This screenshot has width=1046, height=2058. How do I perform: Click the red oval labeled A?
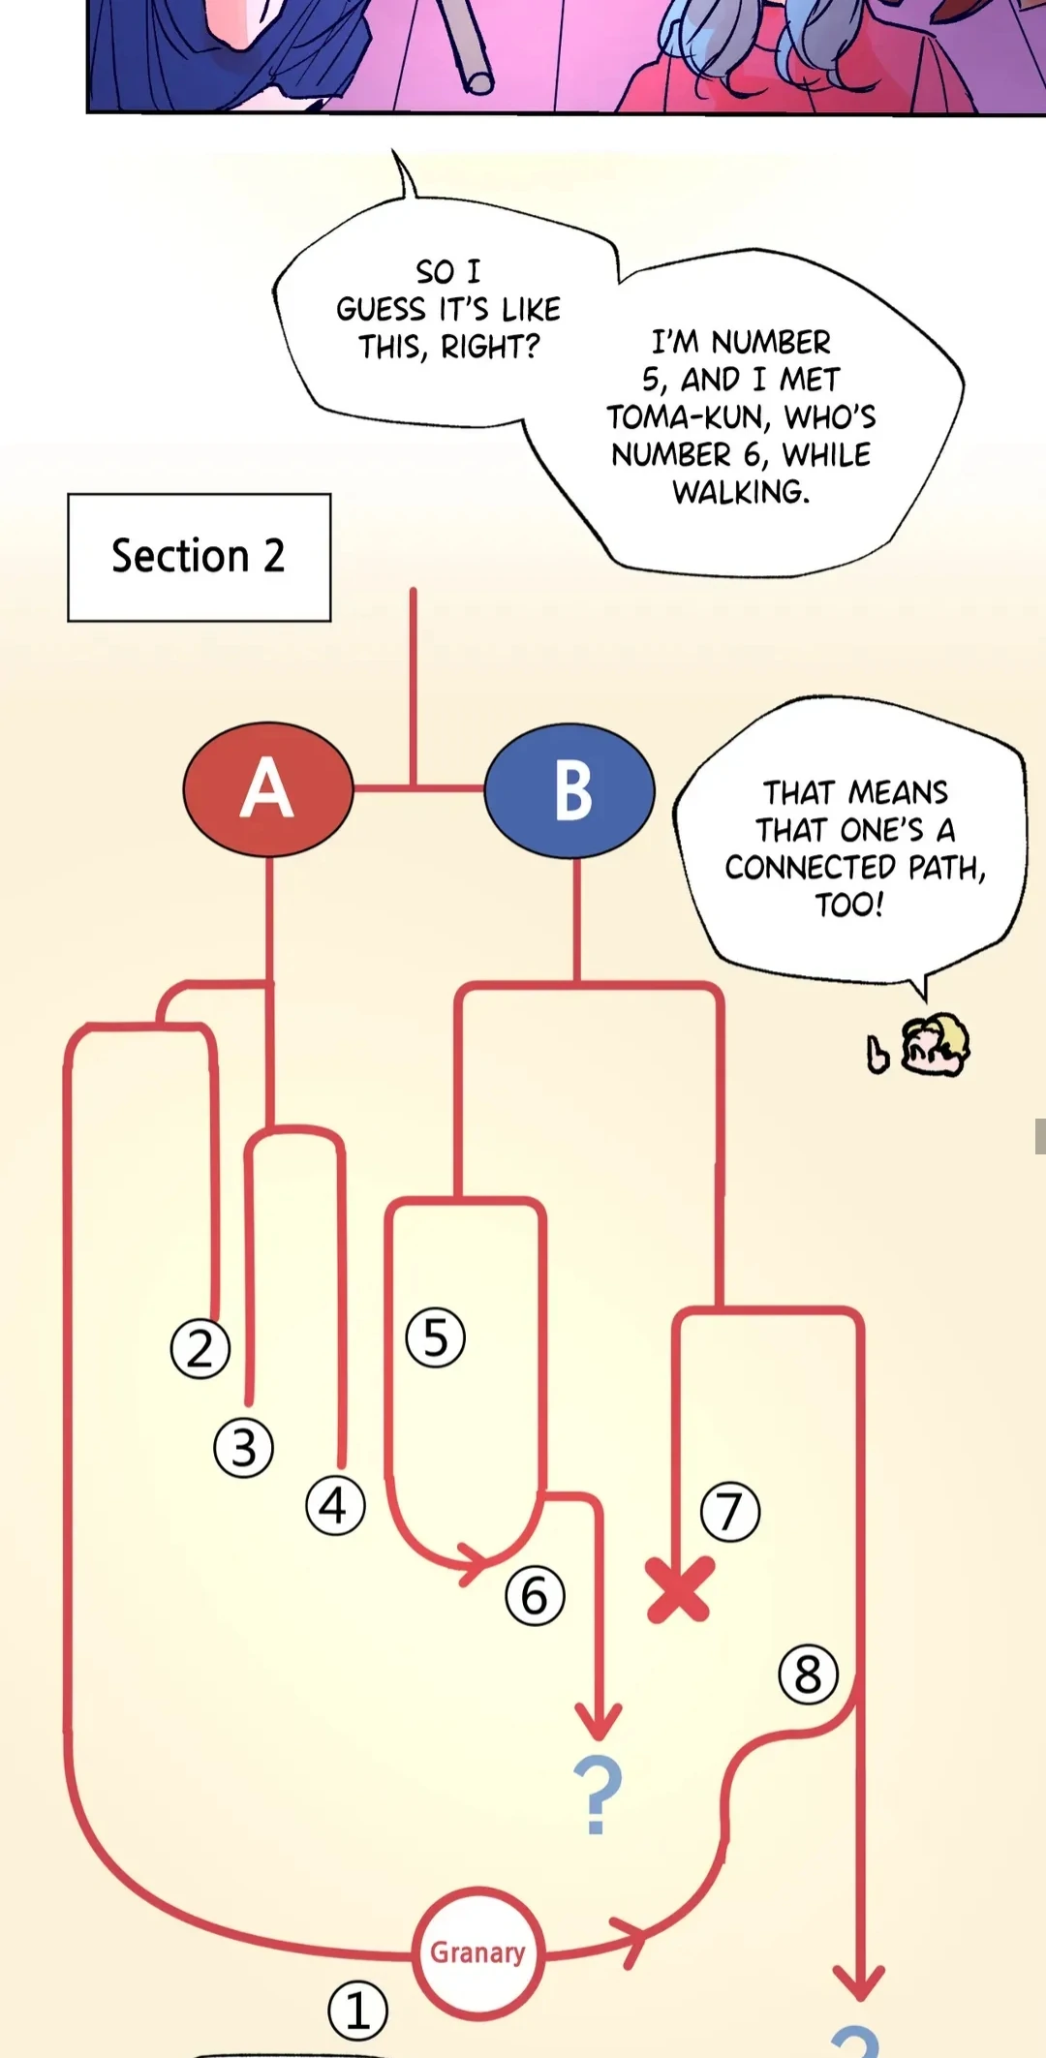[x=267, y=789]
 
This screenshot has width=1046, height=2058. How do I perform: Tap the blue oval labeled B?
[x=569, y=790]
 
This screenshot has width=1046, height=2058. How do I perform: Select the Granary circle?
[x=477, y=1951]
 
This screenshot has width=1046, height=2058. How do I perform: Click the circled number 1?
[x=357, y=2011]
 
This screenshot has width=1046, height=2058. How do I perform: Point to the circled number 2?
[x=200, y=1348]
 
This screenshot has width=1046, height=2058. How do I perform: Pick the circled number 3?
[x=243, y=1448]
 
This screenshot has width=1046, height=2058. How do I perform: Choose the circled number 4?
[x=334, y=1506]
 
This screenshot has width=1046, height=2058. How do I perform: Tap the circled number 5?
[x=435, y=1337]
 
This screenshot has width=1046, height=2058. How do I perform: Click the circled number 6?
[x=535, y=1595]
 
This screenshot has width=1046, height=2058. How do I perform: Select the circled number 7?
[x=730, y=1512]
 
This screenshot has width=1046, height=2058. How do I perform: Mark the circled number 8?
[x=808, y=1674]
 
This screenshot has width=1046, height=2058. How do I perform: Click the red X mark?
[x=680, y=1589]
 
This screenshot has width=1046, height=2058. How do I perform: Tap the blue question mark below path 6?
[x=598, y=1795]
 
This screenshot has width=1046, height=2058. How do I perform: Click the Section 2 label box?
[x=199, y=557]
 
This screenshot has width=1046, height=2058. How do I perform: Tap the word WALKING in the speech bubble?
[x=741, y=492]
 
